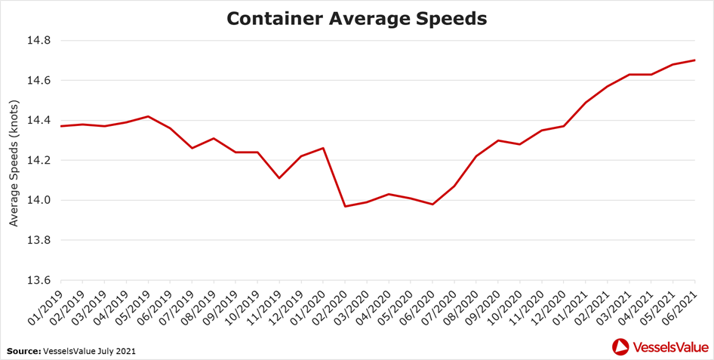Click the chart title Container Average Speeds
click(x=357, y=18)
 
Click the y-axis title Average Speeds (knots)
click(x=13, y=160)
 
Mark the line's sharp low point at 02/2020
click(x=345, y=206)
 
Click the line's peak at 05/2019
click(x=148, y=116)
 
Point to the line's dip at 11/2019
click(x=279, y=178)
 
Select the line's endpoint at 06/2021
click(x=694, y=60)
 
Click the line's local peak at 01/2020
click(x=323, y=148)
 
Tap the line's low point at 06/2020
click(x=432, y=205)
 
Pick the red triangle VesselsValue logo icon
click(x=620, y=347)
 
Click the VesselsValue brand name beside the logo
click(x=669, y=347)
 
